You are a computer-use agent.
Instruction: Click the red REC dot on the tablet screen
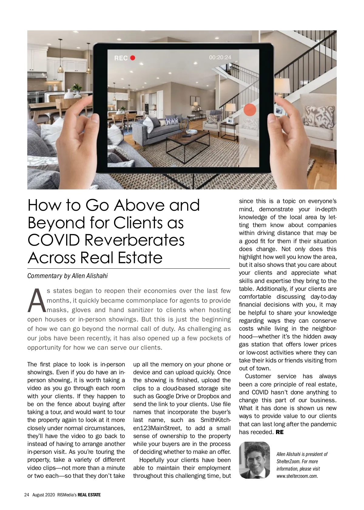[133, 58]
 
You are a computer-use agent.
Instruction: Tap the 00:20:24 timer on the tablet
[220, 57]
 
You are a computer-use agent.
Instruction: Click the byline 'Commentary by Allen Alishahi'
[67, 276]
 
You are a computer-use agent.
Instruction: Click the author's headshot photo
[254, 460]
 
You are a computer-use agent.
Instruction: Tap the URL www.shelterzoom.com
[297, 476]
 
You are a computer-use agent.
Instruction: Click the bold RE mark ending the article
[279, 432]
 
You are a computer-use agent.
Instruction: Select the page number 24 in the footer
[26, 495]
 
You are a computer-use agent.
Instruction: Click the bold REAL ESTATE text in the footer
[89, 495]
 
